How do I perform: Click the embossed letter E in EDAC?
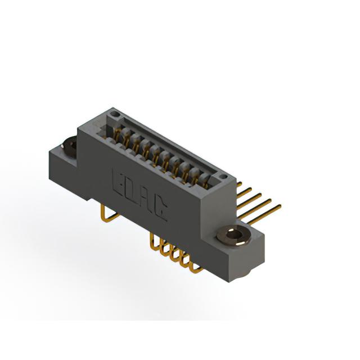click(x=119, y=183)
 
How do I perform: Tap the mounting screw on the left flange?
click(x=70, y=146)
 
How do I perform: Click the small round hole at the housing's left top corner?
click(x=114, y=114)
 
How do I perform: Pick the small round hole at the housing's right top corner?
click(x=223, y=177)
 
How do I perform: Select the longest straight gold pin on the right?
click(x=264, y=214)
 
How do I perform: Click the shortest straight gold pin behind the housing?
click(x=239, y=184)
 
